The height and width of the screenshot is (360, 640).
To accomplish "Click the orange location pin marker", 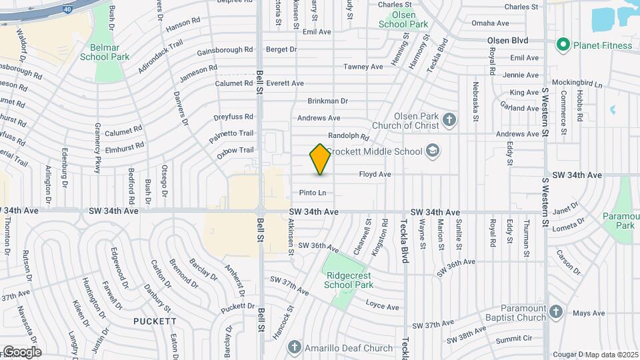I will [321, 159].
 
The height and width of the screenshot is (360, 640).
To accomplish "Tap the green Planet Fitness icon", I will [563, 45].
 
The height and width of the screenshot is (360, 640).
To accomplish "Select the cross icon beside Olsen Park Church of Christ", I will [450, 121].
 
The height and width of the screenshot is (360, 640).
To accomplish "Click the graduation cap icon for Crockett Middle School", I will [433, 151].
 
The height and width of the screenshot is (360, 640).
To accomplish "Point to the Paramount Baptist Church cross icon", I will [557, 312].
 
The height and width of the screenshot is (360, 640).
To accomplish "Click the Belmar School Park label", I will [105, 53].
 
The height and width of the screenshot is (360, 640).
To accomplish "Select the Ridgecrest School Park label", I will [347, 280].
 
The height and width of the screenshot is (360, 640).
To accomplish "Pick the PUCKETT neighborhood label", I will [154, 321].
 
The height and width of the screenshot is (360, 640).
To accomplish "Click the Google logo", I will [22, 352].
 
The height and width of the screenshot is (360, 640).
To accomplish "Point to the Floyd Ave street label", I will [375, 175].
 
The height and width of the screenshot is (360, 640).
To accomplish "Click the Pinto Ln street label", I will [313, 193].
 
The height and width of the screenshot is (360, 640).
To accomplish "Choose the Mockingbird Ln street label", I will [579, 85].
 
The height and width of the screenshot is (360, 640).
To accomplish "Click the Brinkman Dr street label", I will [327, 101].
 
